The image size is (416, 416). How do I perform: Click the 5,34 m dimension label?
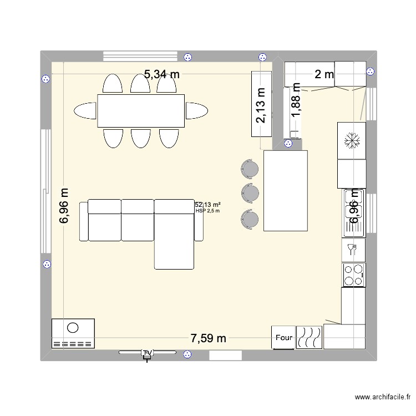point(163,74)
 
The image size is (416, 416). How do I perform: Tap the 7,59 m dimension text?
point(208,338)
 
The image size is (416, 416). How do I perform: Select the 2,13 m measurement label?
point(260,106)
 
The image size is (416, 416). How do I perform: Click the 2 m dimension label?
point(324,74)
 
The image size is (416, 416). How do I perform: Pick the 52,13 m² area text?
point(207,205)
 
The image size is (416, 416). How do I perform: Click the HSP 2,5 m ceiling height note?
point(208,211)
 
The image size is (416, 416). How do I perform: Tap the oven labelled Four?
point(283,337)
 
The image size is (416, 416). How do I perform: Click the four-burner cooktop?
point(353,275)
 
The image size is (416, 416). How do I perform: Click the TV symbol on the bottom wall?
point(147,353)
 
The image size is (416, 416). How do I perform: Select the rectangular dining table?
point(141,110)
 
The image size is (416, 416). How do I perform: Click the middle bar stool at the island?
point(250,192)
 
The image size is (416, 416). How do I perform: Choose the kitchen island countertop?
point(285,190)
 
